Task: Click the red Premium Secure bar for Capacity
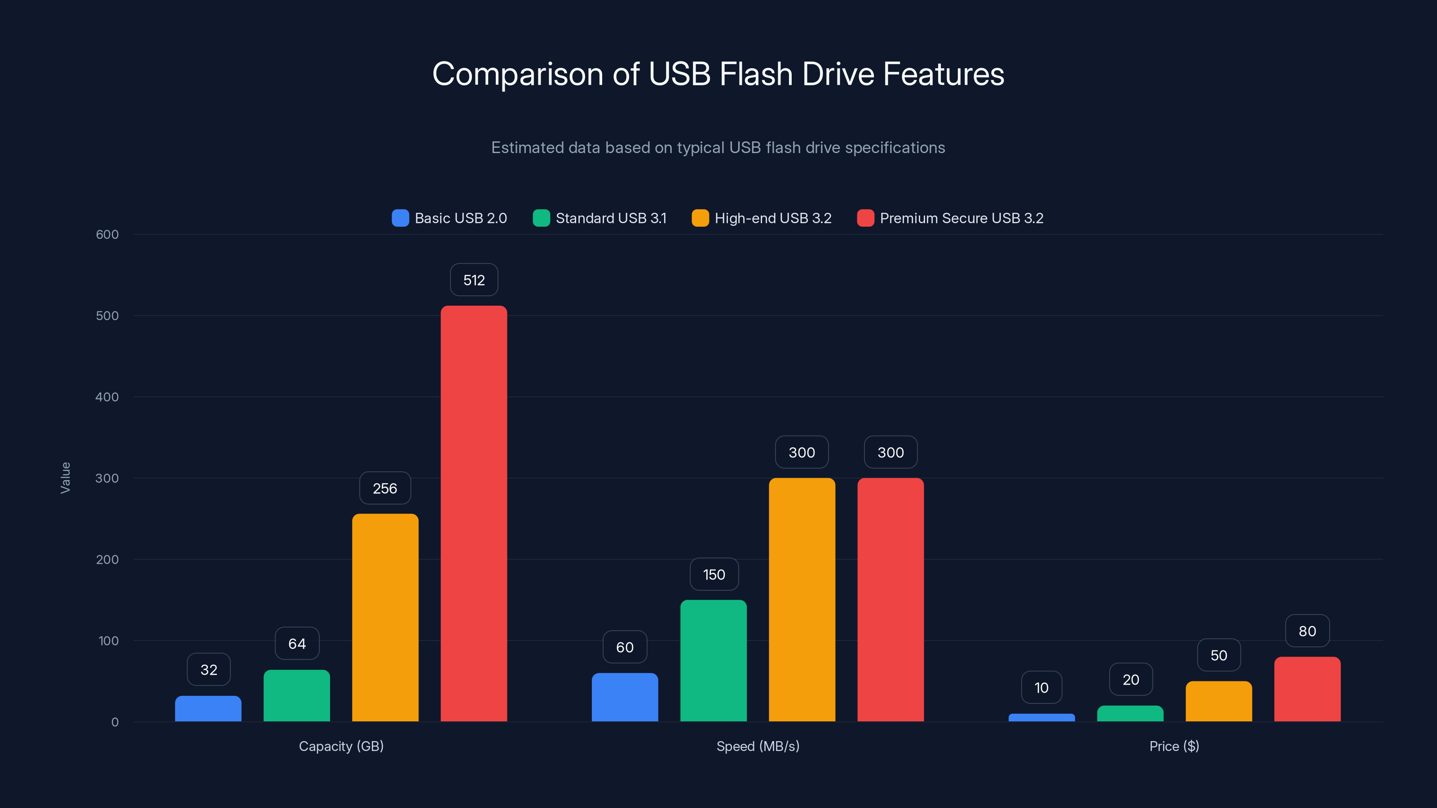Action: point(474,513)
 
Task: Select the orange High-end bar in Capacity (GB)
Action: point(385,617)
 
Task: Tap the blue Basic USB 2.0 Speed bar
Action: point(625,697)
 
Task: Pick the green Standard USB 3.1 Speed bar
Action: point(714,660)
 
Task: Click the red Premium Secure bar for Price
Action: point(1307,689)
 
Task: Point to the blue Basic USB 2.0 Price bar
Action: point(1041,717)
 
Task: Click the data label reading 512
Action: point(474,280)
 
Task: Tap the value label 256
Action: point(385,488)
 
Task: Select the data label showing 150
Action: point(714,575)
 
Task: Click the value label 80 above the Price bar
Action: point(1307,631)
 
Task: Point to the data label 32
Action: point(209,670)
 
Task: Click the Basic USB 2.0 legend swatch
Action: point(400,218)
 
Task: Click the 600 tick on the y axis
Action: point(107,235)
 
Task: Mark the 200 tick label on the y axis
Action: point(107,560)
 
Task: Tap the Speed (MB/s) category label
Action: point(758,746)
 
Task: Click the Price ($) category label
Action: point(1174,746)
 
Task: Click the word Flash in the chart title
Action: point(756,74)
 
